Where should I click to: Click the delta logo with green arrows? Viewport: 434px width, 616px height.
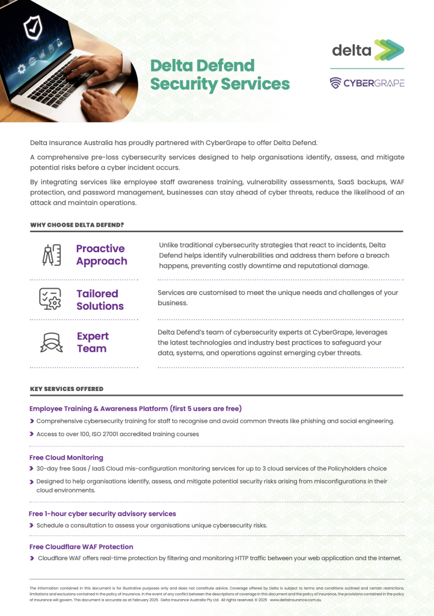(368, 50)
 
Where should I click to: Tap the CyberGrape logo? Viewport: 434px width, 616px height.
(367, 83)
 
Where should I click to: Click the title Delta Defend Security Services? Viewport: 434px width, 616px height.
(219, 75)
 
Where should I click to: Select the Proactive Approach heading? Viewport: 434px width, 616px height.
(101, 254)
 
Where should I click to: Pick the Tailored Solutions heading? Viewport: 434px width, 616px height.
(99, 300)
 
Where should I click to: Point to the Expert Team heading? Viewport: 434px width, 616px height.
(92, 342)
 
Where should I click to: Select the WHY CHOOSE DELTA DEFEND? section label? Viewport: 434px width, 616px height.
(77, 225)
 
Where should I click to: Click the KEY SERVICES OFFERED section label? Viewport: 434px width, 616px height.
(66, 389)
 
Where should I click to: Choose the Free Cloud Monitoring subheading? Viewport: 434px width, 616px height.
(66, 458)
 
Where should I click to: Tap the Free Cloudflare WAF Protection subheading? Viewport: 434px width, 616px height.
(81, 547)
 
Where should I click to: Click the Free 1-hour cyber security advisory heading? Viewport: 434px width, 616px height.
(102, 514)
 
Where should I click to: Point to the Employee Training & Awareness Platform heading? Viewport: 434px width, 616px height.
(135, 408)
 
